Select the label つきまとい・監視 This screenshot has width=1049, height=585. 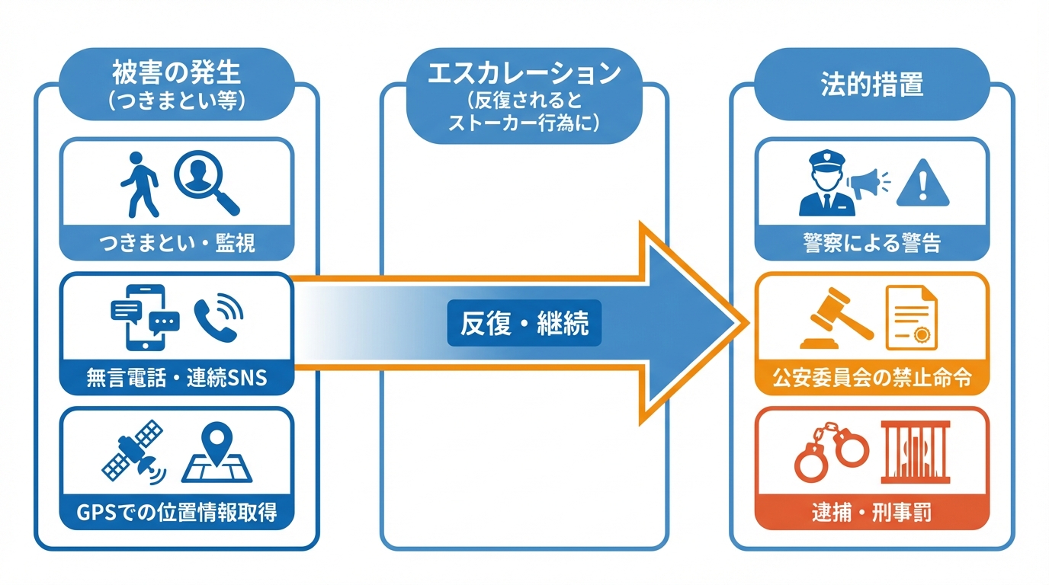177,244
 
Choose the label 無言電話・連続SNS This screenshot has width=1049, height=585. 176,377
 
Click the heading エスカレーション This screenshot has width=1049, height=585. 524,75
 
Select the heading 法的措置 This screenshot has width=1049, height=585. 871,85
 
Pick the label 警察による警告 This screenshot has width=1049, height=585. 871,244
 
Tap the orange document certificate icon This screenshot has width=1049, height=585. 912,316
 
